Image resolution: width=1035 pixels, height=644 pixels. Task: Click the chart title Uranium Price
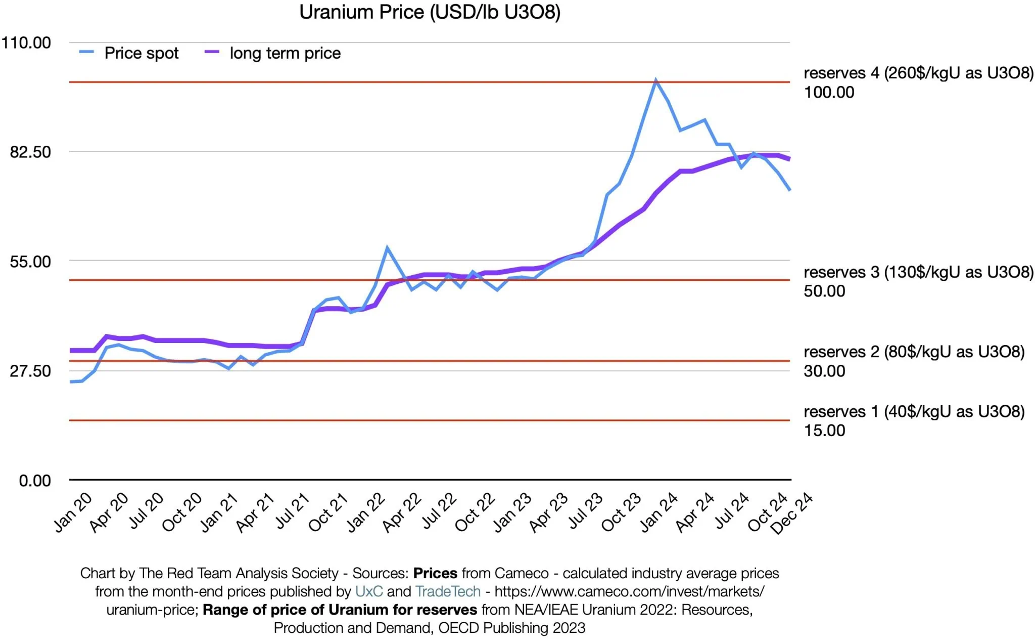pos(430,12)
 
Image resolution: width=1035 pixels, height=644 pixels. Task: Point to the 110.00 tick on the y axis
pos(26,42)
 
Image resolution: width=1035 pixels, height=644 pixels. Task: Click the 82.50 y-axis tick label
pos(30,152)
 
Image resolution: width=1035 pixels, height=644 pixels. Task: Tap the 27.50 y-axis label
pos(30,371)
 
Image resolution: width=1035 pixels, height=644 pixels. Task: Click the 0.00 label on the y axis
pos(35,481)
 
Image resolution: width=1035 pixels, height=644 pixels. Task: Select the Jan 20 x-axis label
pos(74,512)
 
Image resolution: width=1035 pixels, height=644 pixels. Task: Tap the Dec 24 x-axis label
pos(791,513)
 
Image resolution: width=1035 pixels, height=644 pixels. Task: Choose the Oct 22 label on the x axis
pos(475,512)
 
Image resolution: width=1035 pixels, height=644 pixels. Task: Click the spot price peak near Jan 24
pos(655,80)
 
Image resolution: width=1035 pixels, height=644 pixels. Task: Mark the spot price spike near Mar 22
pos(387,248)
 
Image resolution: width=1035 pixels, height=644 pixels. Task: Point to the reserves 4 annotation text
pos(918,73)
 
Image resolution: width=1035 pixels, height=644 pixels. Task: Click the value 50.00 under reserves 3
pos(824,291)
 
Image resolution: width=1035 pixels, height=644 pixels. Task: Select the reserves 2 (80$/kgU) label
pos(914,352)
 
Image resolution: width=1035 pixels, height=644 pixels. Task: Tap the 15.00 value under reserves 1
pos(824,431)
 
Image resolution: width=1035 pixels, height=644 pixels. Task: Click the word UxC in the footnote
pos(369,591)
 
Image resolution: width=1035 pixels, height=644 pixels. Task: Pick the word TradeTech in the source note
pos(448,591)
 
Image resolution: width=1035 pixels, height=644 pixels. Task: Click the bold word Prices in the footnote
pos(435,573)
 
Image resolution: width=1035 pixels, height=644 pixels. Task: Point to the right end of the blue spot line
pos(789,190)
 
